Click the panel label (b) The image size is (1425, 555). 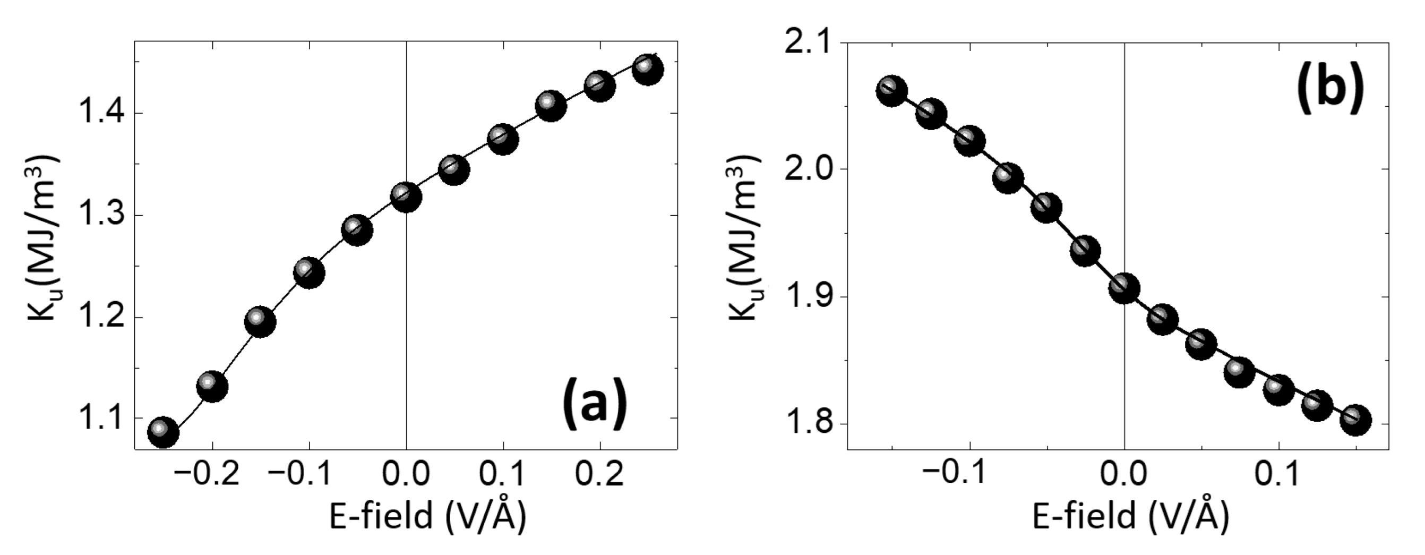tap(1329, 89)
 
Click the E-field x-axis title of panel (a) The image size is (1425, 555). tap(427, 517)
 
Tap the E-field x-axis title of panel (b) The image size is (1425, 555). tap(1130, 517)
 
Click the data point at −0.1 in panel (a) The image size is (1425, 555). tap(309, 272)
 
